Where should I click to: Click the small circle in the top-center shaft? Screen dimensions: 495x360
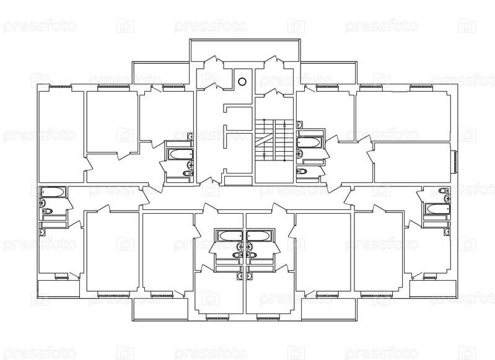pos(242,82)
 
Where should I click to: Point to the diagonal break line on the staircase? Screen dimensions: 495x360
pos(263,139)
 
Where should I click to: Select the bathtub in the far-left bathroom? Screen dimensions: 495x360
pos(53,192)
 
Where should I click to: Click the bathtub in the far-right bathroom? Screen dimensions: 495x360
pos(437,209)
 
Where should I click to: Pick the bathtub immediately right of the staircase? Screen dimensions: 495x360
pos(310,143)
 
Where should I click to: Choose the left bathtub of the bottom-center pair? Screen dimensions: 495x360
pos(231,236)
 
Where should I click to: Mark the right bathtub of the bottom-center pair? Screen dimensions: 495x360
pos(258,236)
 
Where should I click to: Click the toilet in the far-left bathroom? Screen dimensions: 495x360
pos(47,211)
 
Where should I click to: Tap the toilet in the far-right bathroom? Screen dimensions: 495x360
pos(444,190)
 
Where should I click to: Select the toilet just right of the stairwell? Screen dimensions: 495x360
pos(302,171)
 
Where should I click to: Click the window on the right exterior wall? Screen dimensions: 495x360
pos(455,162)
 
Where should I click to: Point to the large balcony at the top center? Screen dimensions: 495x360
pos(245,50)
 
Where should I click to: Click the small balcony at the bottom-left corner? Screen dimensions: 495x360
pos(58,289)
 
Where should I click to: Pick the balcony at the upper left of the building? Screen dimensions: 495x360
pos(161,73)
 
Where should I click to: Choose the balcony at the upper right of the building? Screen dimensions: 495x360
pos(328,73)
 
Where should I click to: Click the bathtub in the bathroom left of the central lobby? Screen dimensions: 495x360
pos(180,154)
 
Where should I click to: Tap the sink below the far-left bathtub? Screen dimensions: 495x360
pos(43,203)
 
